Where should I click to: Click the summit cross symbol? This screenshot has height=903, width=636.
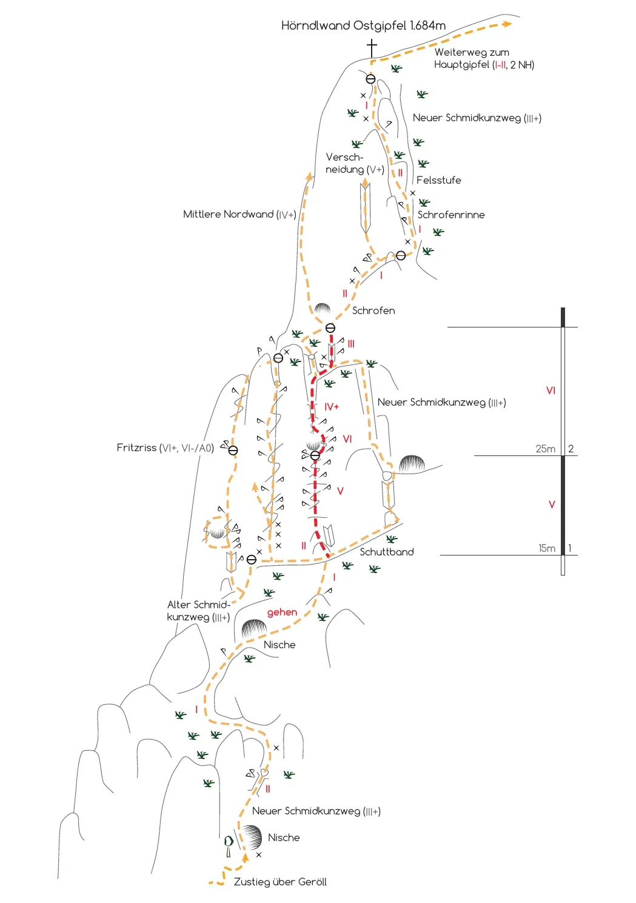point(372,49)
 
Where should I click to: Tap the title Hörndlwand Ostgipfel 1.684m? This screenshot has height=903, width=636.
point(363,26)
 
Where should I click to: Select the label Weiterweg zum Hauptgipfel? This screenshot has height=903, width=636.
point(484,58)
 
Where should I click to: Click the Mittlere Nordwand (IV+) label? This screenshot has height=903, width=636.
point(239,215)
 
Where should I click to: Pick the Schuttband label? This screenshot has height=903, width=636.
point(387,552)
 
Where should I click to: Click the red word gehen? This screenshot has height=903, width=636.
point(282,613)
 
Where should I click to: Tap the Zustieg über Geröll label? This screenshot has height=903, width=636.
point(280,882)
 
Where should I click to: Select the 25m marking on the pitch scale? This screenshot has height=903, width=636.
point(545,449)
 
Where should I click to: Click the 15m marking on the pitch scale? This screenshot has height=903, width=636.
point(547,548)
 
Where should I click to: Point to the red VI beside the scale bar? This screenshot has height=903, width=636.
point(551,390)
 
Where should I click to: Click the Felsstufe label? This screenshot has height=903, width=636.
point(438,180)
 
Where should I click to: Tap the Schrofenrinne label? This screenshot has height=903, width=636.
point(451,215)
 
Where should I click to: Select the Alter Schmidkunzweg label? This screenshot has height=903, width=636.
point(198,611)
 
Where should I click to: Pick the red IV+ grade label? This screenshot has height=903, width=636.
point(331,407)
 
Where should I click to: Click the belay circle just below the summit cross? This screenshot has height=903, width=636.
point(370,79)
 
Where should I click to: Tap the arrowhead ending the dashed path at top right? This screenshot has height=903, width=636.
point(507,24)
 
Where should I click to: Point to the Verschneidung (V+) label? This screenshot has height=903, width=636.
point(355,163)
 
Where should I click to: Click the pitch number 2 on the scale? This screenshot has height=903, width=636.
point(571,449)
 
